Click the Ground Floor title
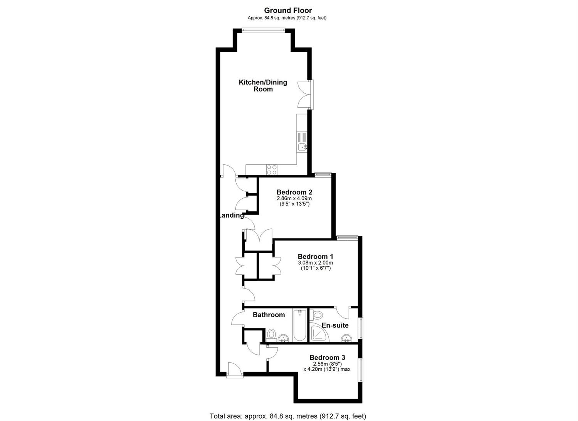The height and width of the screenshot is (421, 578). tap(288, 10)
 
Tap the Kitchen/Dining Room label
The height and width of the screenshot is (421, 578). tap(263, 86)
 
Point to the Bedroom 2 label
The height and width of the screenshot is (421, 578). tap(294, 192)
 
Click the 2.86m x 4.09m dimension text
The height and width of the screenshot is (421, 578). tap(294, 198)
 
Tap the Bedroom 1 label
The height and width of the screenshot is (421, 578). tap(316, 256)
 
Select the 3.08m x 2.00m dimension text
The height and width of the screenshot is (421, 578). tap(316, 263)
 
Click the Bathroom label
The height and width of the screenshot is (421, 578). tap(269, 315)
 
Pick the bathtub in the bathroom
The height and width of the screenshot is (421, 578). tap(299, 325)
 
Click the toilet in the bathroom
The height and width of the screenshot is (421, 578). tap(271, 335)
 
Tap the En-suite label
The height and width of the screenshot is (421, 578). tap(335, 325)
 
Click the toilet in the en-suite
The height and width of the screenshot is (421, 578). tap(317, 315)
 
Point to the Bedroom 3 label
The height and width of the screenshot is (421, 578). tap(328, 358)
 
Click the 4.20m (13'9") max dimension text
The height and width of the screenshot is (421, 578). tap(327, 369)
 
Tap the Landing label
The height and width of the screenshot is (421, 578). tap(232, 216)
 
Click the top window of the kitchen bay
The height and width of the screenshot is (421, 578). tap(263, 30)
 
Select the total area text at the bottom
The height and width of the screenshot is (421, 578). tap(288, 409)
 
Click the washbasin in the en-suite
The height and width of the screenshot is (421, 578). tap(346, 338)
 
